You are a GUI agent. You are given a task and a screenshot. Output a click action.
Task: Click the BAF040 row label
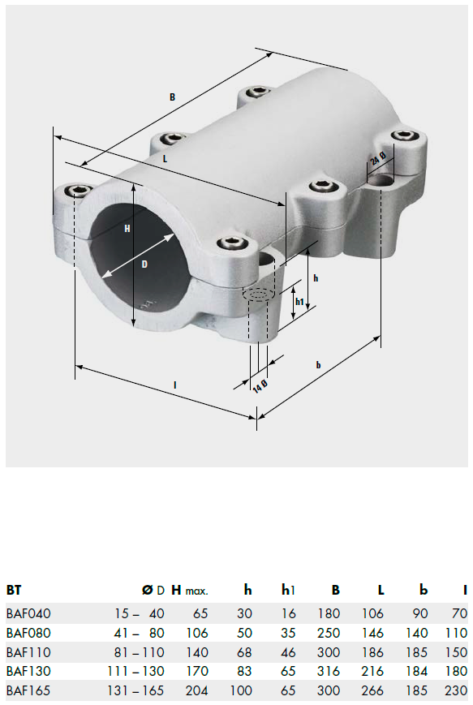tap(28, 613)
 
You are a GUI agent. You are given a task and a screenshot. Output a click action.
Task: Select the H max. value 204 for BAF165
tap(197, 690)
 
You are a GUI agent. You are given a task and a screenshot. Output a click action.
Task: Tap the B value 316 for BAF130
tap(329, 671)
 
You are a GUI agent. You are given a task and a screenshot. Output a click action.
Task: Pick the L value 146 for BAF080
tap(372, 633)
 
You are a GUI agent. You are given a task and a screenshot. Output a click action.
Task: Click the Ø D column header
tap(153, 590)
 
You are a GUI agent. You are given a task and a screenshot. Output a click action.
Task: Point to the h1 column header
tap(288, 590)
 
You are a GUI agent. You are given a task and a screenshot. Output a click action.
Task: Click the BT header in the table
tap(14, 590)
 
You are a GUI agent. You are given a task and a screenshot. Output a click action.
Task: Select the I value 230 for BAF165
tap(456, 690)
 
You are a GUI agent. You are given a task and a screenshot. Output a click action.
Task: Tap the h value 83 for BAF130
tap(244, 671)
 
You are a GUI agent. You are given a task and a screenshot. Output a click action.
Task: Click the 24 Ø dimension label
tap(378, 159)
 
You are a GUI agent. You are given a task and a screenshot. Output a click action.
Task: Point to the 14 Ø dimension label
tap(260, 386)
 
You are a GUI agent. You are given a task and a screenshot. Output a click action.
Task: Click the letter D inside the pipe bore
tap(144, 264)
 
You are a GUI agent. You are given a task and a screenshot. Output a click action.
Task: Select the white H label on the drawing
tap(127, 229)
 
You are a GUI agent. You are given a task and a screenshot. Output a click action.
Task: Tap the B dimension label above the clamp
tap(172, 97)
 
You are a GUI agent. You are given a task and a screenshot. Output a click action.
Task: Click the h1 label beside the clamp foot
tap(299, 302)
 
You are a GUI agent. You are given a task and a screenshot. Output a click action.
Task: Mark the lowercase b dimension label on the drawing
tap(318, 364)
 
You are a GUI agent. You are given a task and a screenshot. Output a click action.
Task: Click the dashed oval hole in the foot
tap(259, 294)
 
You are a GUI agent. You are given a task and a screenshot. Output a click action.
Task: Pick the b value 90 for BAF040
tap(419, 613)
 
